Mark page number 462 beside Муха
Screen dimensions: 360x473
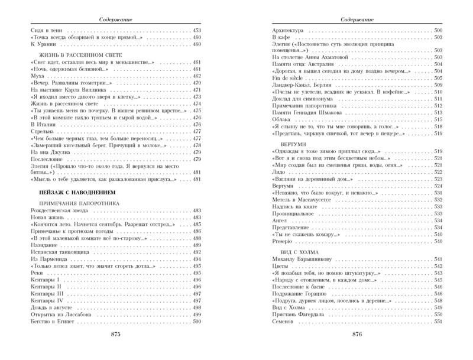click(197, 76)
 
